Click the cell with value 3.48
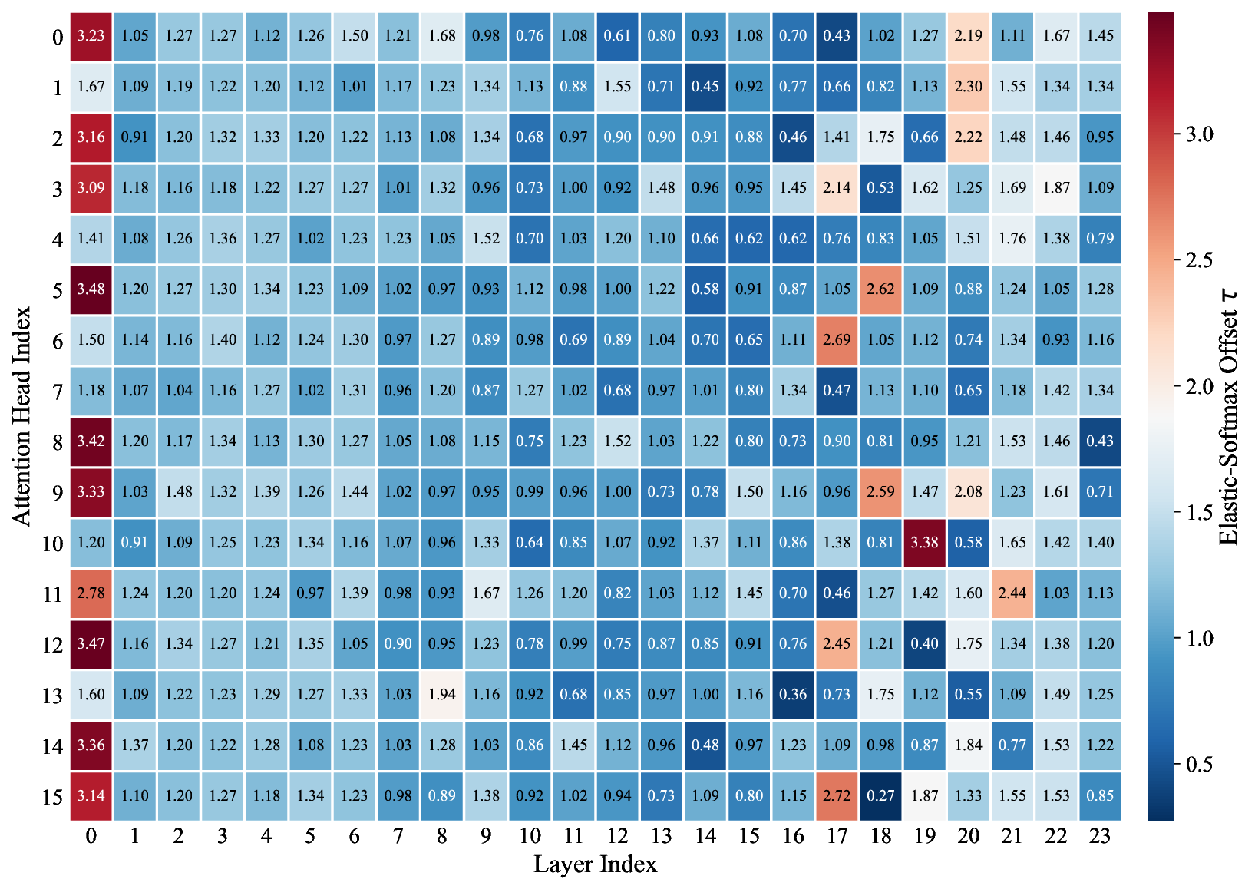click(91, 289)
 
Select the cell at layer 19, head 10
click(924, 543)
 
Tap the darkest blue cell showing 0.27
click(880, 796)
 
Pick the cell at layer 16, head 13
click(793, 695)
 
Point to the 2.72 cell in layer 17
click(837, 796)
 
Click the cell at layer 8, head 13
click(442, 695)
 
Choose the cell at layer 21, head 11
click(1012, 593)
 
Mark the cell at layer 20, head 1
click(968, 87)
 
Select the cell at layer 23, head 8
click(1100, 441)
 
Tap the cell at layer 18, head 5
click(880, 289)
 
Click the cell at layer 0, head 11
click(91, 593)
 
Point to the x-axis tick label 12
click(617, 836)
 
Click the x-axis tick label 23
click(1100, 836)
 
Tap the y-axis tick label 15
click(52, 798)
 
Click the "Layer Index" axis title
click(595, 864)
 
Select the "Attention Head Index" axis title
click(22, 416)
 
